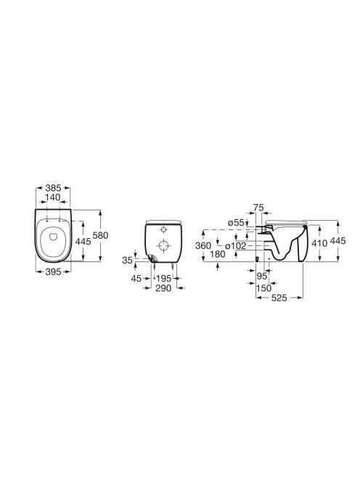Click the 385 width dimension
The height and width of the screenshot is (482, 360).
point(53,187)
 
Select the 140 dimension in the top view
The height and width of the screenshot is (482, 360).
point(53,197)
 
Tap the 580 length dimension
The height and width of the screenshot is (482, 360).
point(101,235)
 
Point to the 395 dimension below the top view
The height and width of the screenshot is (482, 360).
point(53,271)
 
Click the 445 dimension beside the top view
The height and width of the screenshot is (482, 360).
point(83,241)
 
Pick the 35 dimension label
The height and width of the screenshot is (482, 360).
point(127,261)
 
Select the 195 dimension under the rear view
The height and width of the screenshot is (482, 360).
point(163,279)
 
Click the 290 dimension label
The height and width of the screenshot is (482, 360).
point(163,288)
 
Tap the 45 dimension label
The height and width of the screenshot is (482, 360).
point(136,279)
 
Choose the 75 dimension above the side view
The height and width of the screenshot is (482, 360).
point(259,208)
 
